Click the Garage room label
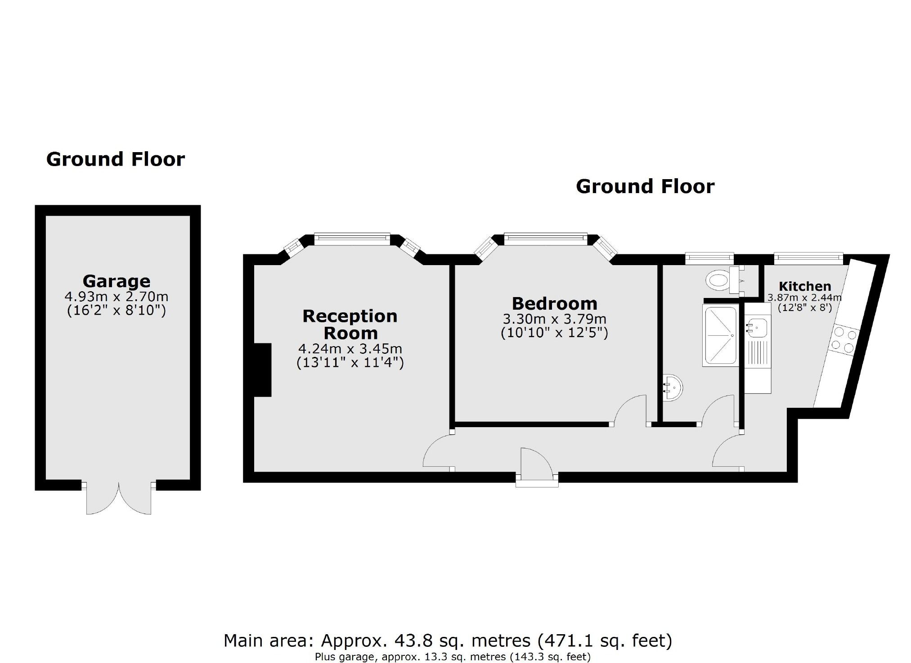point(117,281)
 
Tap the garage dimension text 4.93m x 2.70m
point(117,297)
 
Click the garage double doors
point(119,498)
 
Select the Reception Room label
point(350,325)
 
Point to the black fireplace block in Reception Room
point(263,370)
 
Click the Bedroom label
point(554,303)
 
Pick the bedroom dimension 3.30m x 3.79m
point(554,319)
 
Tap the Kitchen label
point(804,286)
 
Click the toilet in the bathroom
point(718,280)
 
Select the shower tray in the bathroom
point(720,335)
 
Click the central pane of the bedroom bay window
point(545,239)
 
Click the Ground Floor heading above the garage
point(116,159)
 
